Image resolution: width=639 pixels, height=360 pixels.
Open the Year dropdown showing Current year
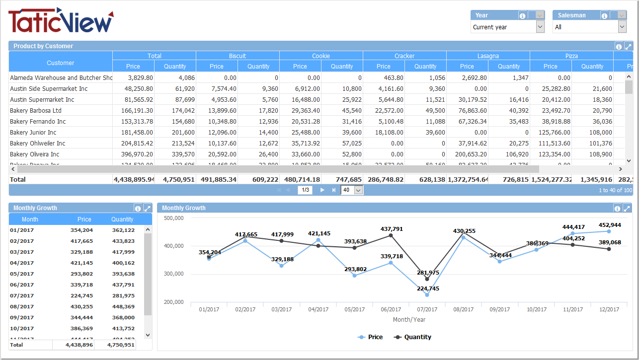point(540,27)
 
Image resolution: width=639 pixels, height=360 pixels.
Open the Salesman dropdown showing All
point(622,27)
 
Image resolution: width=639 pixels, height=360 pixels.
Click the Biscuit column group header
point(238,56)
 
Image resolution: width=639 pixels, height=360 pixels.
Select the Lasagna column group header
point(488,56)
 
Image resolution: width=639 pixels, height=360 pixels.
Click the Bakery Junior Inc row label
point(33,132)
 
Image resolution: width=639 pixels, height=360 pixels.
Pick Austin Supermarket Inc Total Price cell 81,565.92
point(133,99)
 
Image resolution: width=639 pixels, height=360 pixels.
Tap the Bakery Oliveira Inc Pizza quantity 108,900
point(592,154)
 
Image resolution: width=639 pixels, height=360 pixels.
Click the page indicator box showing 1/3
point(305,190)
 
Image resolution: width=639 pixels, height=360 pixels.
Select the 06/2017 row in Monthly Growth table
point(22,285)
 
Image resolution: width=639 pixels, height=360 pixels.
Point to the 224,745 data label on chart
point(428,288)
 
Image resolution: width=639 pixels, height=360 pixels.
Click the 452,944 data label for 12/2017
point(610,225)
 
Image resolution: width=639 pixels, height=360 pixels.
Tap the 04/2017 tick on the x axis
point(318,309)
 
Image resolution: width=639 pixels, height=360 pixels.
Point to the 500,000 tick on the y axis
point(174,218)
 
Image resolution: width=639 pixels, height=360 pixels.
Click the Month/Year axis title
point(409,320)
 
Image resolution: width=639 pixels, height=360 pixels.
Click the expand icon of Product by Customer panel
point(628,46)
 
